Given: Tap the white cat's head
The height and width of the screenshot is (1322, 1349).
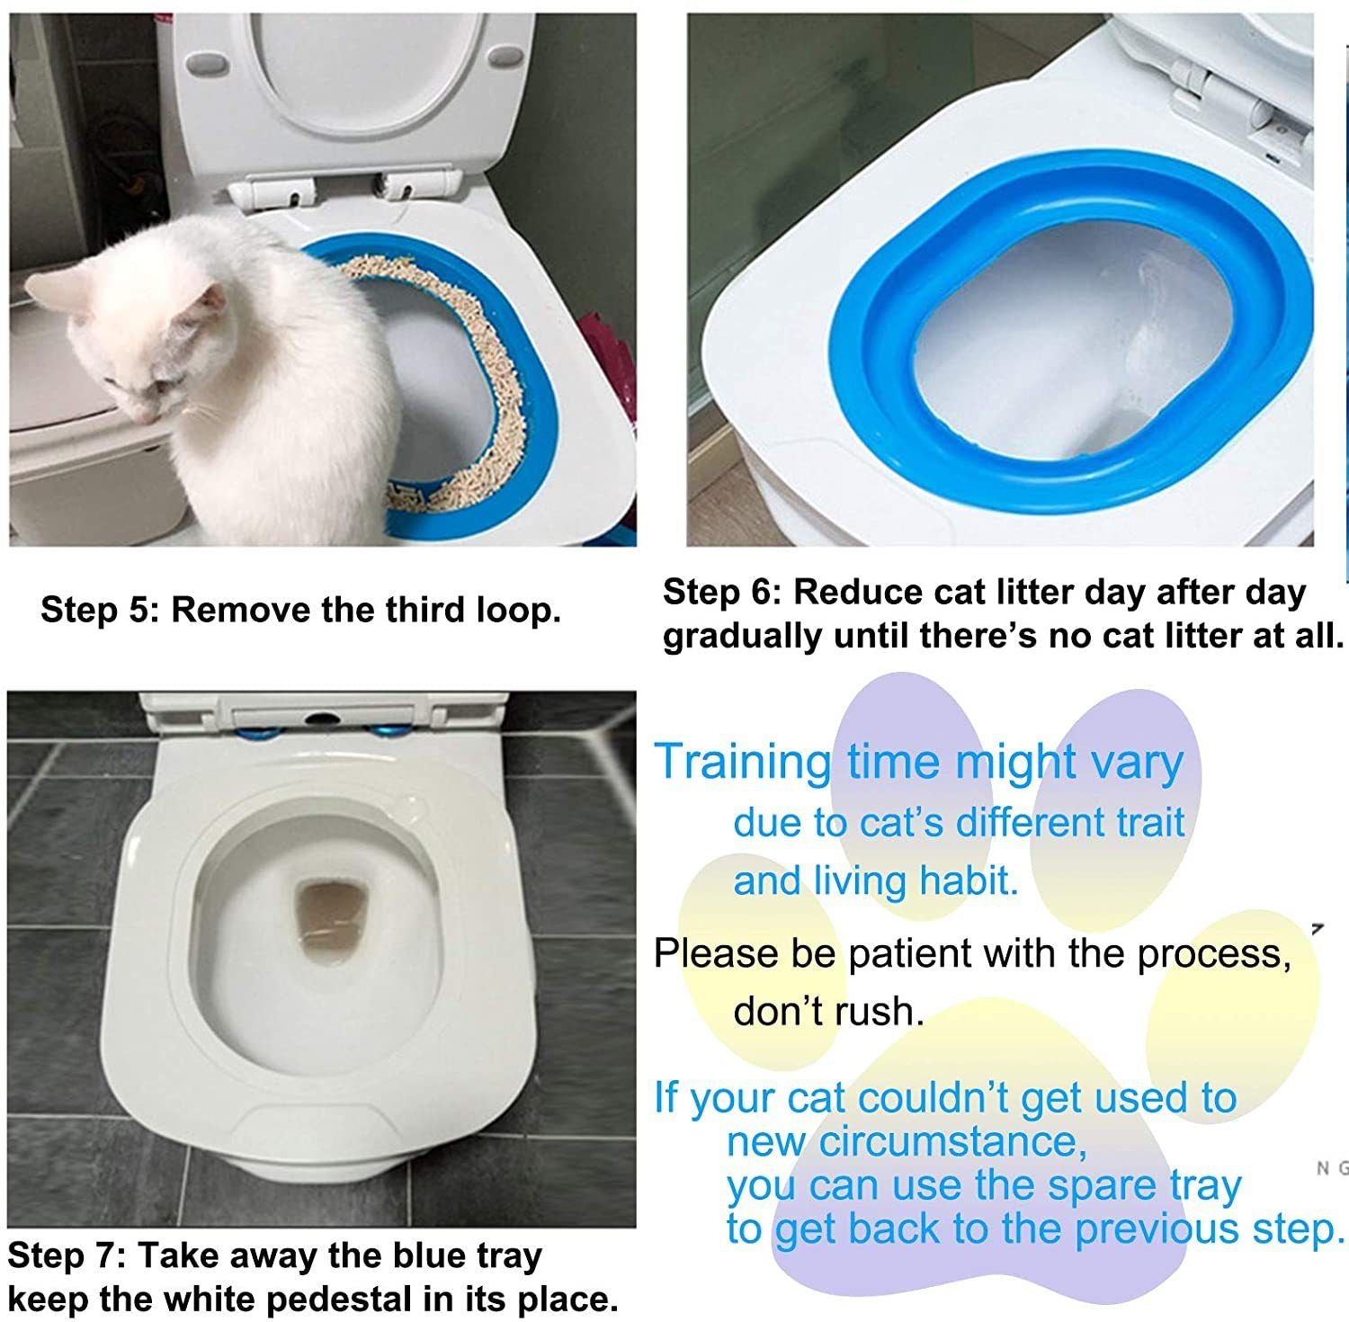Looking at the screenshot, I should pos(153,351).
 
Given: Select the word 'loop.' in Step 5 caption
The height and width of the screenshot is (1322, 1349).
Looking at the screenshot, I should pos(519,610).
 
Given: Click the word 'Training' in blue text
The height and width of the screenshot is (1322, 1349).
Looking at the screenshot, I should pos(743,763).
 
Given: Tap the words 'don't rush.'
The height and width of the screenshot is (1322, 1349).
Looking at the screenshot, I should pos(828,1012).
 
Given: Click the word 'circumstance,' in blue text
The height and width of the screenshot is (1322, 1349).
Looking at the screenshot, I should pos(952,1142).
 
